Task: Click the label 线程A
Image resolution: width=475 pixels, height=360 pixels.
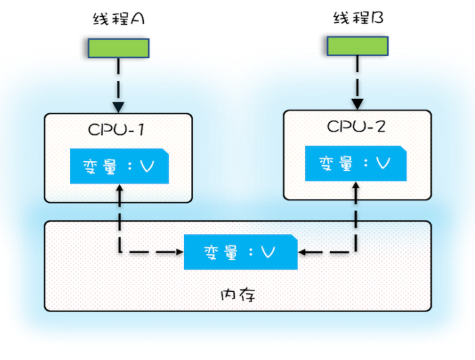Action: (119, 19)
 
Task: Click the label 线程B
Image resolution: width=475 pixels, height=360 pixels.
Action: (358, 18)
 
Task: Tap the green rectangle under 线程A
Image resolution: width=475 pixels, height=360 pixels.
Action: (119, 47)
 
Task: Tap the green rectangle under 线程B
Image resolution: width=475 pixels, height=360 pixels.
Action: (358, 45)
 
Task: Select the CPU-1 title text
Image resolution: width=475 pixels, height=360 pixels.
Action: (118, 129)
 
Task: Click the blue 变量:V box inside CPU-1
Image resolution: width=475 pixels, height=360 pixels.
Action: (119, 166)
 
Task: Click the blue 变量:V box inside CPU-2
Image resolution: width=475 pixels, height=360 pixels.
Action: (356, 163)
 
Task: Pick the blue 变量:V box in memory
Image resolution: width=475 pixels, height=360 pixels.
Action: (240, 252)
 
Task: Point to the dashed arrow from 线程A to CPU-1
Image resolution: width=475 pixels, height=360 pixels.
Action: (119, 81)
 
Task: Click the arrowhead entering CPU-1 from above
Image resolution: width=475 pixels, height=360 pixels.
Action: (119, 108)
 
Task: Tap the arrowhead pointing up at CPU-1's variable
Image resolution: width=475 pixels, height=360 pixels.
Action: (119, 189)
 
